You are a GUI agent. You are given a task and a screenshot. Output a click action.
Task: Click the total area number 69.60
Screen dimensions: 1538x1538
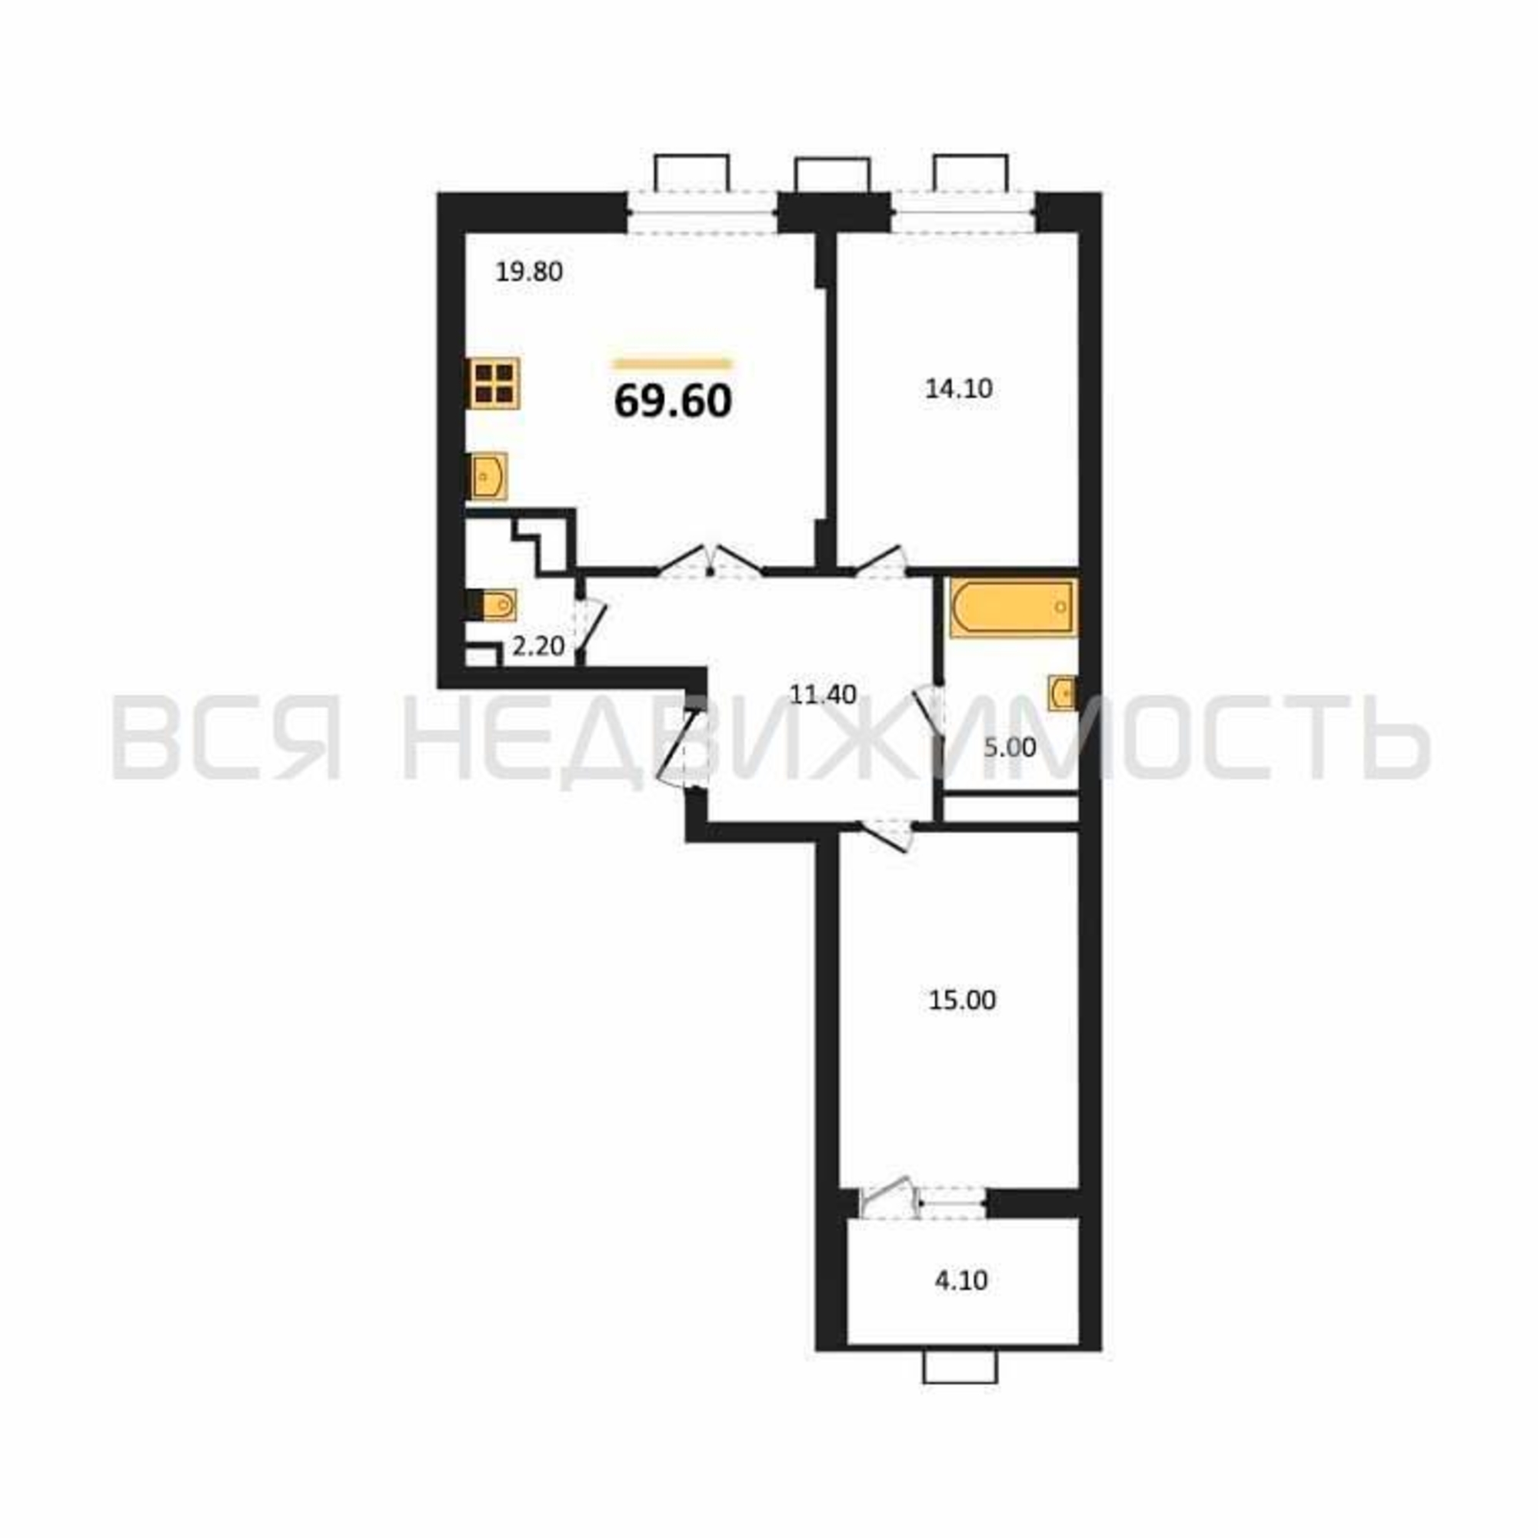(x=673, y=401)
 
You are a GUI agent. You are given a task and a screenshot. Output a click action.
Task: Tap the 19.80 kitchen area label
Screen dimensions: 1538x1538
(x=529, y=272)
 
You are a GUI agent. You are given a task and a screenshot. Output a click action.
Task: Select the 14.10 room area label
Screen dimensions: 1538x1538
(x=958, y=388)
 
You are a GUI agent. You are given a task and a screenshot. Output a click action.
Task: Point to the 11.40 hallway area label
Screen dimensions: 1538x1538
(x=822, y=694)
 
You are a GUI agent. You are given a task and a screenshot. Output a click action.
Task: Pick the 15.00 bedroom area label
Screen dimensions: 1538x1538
(x=962, y=1000)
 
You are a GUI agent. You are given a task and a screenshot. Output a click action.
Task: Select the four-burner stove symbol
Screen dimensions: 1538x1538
(x=493, y=384)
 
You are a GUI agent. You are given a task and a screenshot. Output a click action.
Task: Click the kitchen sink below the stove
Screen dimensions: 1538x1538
(x=488, y=476)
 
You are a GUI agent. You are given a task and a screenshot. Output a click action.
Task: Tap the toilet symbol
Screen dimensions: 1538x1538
(x=491, y=606)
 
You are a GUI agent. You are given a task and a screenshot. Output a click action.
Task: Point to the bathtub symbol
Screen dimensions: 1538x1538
(x=1014, y=608)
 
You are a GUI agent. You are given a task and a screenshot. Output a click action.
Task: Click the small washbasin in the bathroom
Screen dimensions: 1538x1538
(x=1062, y=693)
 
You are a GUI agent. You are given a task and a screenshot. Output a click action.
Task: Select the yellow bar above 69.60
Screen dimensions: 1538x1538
(x=672, y=365)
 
